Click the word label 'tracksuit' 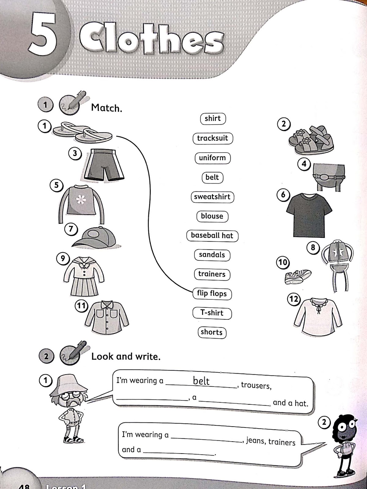click(213, 138)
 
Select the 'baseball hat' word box click(212, 235)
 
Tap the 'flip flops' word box click(212, 293)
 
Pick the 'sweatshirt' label click(212, 197)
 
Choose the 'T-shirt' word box click(212, 313)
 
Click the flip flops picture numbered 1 click(83, 133)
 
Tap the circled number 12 click(294, 299)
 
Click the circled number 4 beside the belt click(304, 164)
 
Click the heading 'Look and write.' click(126, 356)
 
